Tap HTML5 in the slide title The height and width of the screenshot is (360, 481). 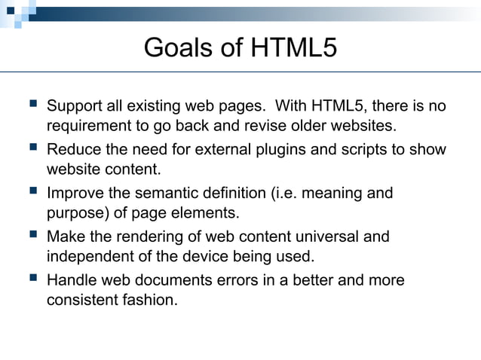(292, 47)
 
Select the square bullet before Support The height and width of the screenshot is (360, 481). (30, 105)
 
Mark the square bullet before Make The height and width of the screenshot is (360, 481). (30, 236)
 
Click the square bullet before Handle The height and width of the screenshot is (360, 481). (30, 279)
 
